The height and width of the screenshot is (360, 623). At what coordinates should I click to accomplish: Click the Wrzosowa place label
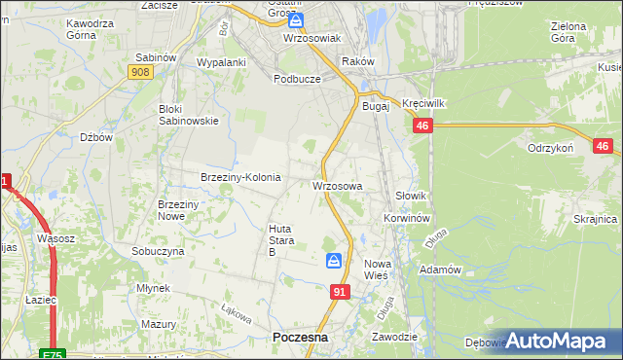coord(338,185)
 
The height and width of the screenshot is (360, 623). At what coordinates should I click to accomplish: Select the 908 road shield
coord(139,72)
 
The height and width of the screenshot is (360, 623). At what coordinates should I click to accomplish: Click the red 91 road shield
coord(340,291)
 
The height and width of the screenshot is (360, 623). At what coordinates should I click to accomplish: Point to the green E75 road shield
coord(54,354)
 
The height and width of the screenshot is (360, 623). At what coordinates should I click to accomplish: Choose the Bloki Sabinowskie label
coord(188,115)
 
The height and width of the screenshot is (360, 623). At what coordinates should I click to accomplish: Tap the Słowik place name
coord(412,196)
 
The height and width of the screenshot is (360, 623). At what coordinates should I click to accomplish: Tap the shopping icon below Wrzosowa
coord(334,261)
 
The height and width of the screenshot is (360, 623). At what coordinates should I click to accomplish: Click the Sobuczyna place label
coord(158,250)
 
